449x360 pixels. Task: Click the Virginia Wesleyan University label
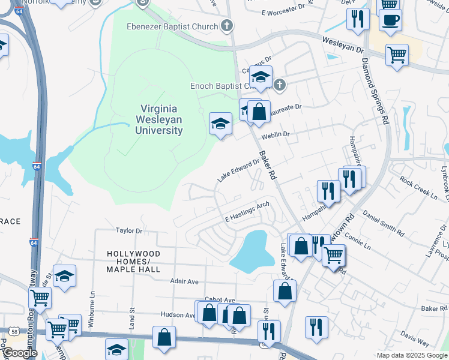point(161,119)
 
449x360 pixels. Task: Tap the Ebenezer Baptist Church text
point(171,26)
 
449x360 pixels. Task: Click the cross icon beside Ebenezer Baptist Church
point(226,25)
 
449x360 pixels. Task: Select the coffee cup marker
point(390,20)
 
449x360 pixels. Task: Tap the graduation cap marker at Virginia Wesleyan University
point(220,124)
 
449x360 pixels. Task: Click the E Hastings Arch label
point(246,211)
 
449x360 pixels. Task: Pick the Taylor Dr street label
point(129,230)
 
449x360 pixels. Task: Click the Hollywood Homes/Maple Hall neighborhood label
point(133,262)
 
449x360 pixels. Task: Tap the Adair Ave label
point(184,281)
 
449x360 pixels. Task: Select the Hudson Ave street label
point(178,314)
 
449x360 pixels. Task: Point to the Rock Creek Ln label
point(418,187)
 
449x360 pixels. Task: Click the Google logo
point(19,353)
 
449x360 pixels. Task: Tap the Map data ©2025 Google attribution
point(412,355)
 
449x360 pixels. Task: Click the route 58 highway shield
point(13,331)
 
